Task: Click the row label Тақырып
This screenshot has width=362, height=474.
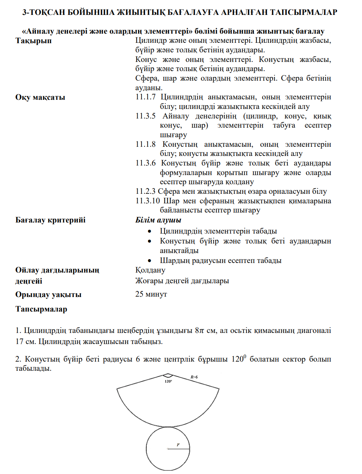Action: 34,41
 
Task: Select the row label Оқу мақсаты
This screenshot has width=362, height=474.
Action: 40,97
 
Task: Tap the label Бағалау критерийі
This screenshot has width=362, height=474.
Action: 50,220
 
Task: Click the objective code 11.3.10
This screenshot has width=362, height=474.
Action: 148,201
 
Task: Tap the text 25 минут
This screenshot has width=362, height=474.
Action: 151,295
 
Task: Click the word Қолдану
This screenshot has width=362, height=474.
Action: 150,271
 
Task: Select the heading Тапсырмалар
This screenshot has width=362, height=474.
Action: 41,309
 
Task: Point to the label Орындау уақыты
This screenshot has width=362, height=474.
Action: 48,295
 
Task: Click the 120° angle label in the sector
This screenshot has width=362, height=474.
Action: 168,381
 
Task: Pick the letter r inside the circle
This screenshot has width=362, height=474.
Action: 178,444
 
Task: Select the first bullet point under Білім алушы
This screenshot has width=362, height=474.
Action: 151,232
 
